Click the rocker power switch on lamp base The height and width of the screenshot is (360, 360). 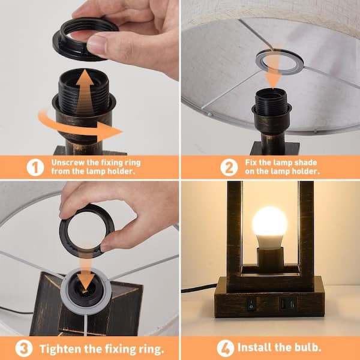click(251, 304)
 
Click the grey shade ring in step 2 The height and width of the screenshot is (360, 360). click(280, 61)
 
